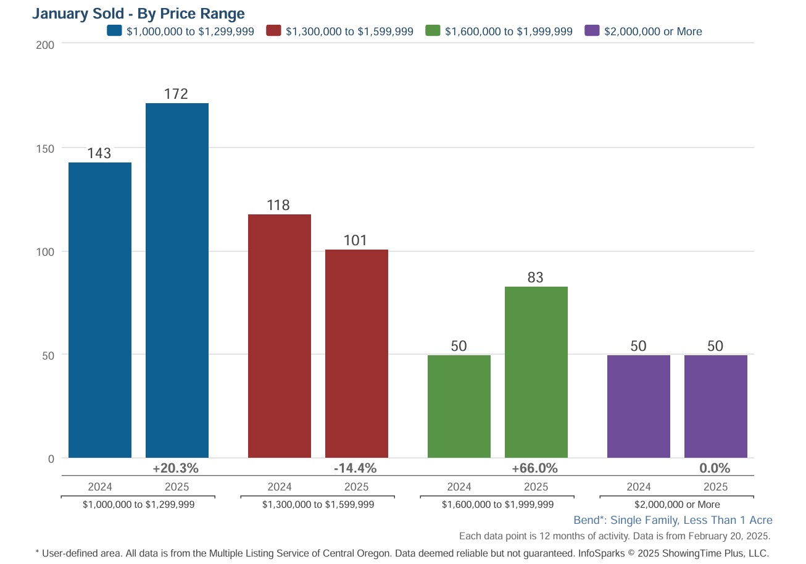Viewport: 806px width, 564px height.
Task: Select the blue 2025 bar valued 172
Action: click(x=177, y=280)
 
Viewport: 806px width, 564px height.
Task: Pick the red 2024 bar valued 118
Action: click(x=280, y=336)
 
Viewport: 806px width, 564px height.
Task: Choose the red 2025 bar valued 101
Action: click(x=357, y=353)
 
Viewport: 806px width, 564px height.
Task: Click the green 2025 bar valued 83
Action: click(x=536, y=372)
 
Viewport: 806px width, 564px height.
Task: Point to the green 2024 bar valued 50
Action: click(x=459, y=406)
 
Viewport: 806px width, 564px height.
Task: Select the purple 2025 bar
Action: click(x=716, y=406)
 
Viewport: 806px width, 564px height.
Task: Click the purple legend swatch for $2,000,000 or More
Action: click(x=592, y=31)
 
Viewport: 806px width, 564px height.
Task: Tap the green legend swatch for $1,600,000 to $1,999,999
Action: click(x=433, y=31)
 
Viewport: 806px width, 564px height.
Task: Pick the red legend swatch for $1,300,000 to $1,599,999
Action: click(x=273, y=31)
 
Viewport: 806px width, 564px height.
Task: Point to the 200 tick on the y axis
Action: click(x=48, y=44)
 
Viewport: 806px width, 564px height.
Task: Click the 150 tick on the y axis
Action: click(x=48, y=148)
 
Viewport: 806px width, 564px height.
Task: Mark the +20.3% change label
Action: click(x=175, y=468)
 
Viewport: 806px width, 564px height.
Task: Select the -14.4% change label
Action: click(x=355, y=468)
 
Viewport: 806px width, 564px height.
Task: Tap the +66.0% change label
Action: click(x=534, y=468)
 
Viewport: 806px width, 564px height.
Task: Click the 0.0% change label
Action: click(x=715, y=468)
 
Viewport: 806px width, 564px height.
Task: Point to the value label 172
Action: click(x=176, y=94)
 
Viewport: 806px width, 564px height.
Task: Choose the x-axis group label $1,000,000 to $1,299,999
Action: click(x=139, y=504)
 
